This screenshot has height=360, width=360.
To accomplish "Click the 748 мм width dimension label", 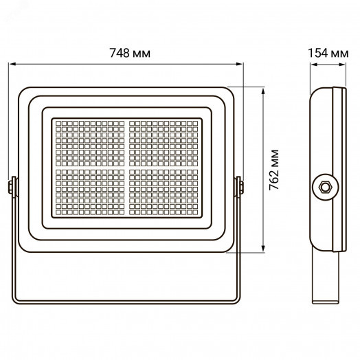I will tap(128, 54).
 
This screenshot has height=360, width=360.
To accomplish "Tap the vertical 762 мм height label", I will tap(273, 170).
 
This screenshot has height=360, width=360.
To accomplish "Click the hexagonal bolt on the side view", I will tap(324, 186).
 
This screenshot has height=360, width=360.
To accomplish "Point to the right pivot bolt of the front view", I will tap(238, 186).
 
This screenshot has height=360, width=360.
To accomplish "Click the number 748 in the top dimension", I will tap(120, 54).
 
